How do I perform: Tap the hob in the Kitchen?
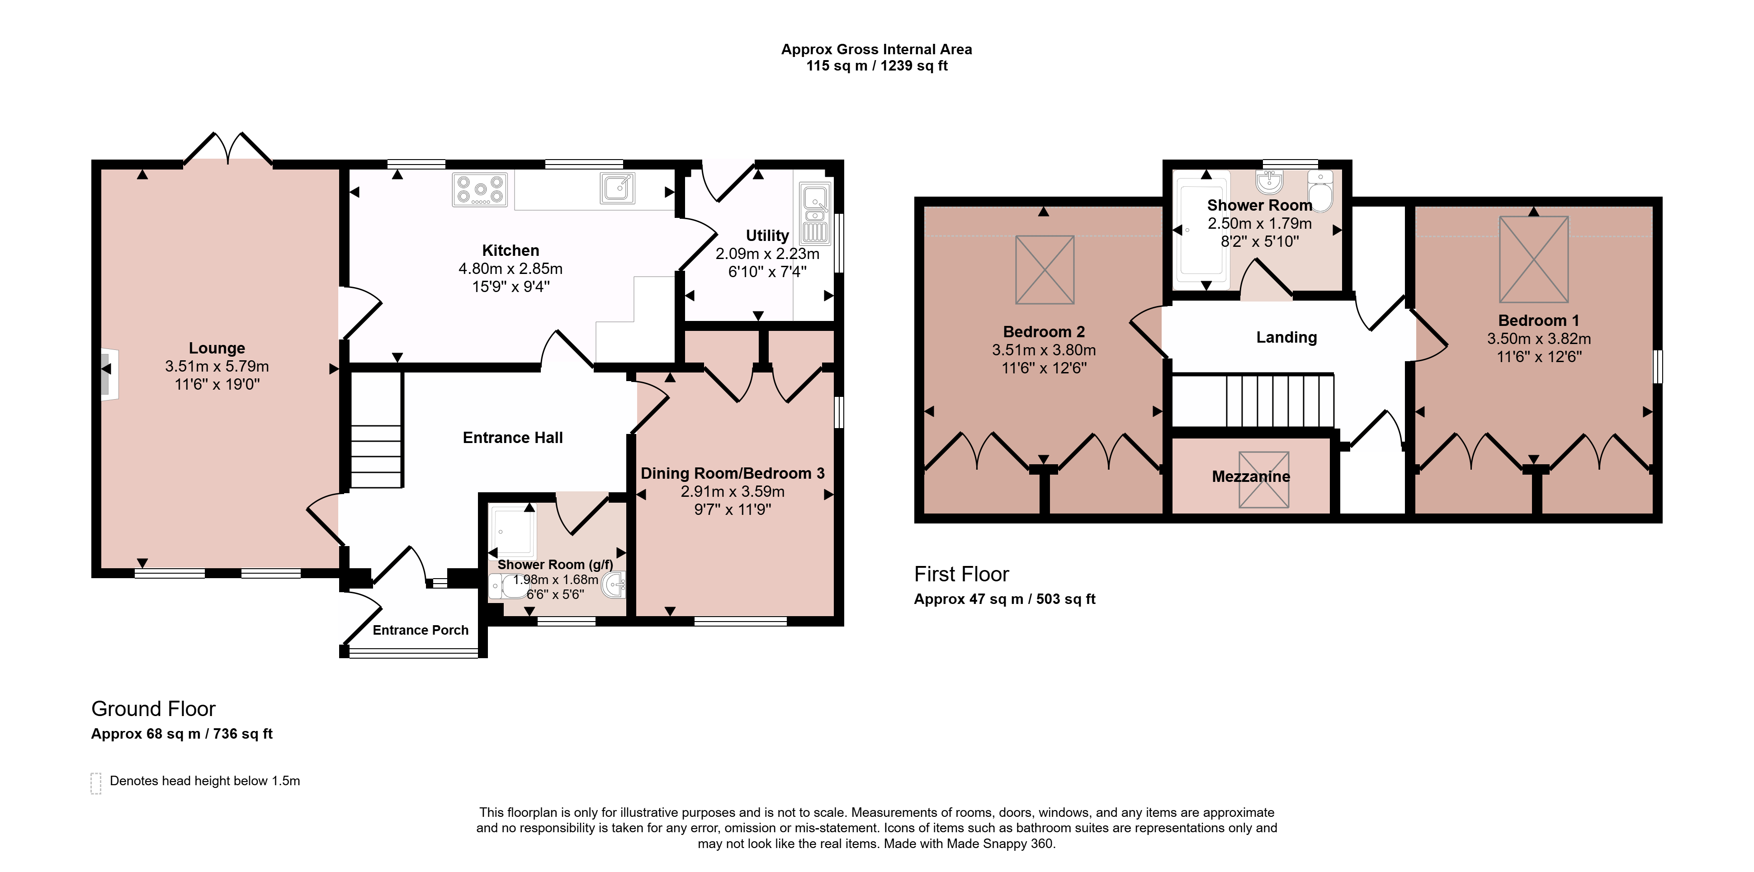(x=480, y=189)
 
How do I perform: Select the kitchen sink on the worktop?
(x=618, y=188)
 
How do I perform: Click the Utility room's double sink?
(x=815, y=213)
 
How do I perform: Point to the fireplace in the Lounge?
(x=109, y=374)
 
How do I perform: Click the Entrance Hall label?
(x=513, y=438)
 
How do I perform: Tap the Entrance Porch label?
(x=421, y=630)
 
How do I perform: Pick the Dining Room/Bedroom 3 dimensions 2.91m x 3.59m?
(x=733, y=491)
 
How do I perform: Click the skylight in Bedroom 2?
(x=1045, y=269)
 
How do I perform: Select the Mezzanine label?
(x=1251, y=476)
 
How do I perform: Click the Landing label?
(x=1286, y=338)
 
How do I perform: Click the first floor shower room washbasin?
(x=1269, y=182)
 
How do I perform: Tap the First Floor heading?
(x=961, y=575)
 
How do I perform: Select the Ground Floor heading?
(x=153, y=709)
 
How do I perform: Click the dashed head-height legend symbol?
(x=96, y=783)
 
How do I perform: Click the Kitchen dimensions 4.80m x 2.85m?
(x=511, y=269)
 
